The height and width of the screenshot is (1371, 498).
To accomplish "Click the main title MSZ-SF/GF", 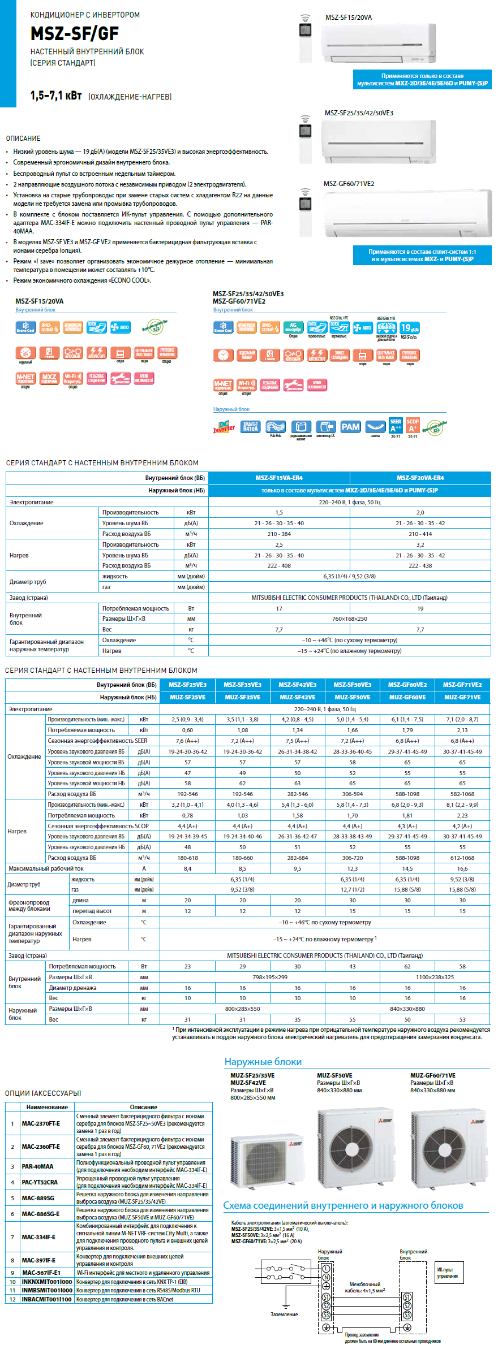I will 75,33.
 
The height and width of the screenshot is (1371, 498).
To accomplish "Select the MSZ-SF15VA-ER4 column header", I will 279,478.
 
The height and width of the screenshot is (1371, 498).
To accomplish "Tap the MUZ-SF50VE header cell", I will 352,697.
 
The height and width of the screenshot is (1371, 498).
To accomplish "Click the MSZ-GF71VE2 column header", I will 462,685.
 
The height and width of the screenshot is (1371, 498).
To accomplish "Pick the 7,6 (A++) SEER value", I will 187,741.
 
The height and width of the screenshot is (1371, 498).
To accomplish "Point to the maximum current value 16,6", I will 462,868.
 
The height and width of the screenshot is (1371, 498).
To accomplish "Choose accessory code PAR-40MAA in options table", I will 37,1166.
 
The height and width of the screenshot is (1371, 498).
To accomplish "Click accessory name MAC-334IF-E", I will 38,1237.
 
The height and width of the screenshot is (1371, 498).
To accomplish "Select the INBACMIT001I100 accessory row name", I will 46,1299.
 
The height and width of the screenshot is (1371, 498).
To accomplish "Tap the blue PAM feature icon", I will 350,427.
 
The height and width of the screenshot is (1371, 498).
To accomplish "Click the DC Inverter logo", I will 224,427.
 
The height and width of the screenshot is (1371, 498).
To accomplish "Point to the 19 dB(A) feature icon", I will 410,328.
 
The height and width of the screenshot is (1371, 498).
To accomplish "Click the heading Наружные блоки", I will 263,1062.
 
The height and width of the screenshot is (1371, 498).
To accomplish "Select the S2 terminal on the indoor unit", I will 407,1306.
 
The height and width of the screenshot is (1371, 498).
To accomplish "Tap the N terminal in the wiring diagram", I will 326,1277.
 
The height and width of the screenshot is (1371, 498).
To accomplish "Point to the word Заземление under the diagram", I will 284,1314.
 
